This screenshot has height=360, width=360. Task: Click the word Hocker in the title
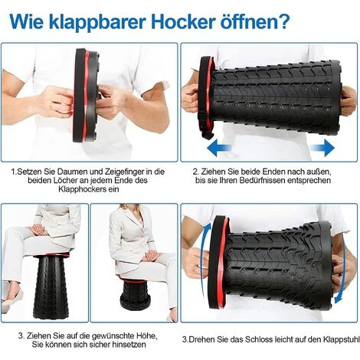pyautogui.click(x=183, y=22)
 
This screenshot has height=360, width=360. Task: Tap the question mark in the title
pyautogui.click(x=283, y=21)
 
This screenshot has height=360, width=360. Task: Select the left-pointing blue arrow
pyautogui.click(x=220, y=147)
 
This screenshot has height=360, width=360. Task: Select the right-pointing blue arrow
pyautogui.click(x=322, y=147)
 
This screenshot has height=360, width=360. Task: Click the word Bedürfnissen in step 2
pyautogui.click(x=263, y=180)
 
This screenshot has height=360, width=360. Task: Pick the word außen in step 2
pyautogui.click(x=320, y=172)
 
